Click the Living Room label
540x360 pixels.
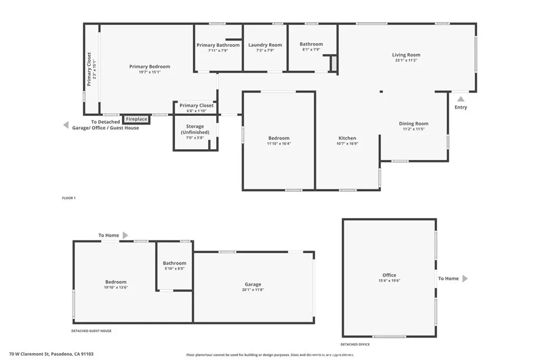(406, 55)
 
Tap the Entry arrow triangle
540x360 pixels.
(461, 99)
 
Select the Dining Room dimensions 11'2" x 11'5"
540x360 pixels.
(413, 129)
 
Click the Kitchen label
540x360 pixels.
(347, 138)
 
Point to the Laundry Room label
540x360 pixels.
(265, 45)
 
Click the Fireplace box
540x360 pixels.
(136, 120)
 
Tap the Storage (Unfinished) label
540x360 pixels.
(195, 129)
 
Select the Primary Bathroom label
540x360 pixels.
(218, 45)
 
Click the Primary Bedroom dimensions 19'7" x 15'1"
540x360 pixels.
(150, 72)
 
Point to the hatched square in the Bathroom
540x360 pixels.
(333, 64)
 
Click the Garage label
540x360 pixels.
(253, 285)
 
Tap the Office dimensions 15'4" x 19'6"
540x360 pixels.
(389, 280)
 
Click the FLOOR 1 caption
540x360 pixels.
(69, 198)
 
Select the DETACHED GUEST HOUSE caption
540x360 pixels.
(91, 331)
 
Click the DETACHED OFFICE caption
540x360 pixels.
(355, 344)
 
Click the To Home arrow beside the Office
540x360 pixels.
(465, 278)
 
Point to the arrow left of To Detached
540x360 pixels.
(66, 125)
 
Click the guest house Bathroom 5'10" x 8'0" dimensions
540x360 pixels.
(174, 269)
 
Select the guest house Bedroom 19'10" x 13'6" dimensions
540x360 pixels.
(115, 288)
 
